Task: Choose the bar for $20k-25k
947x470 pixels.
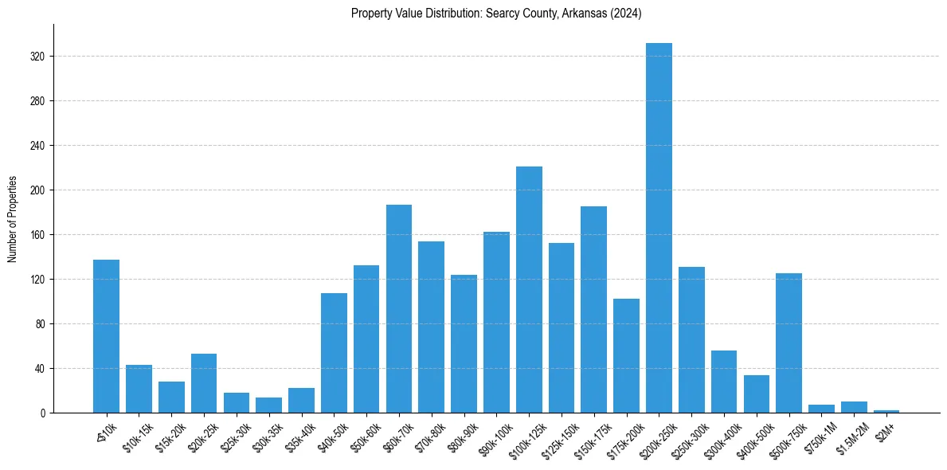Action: pyautogui.click(x=204, y=383)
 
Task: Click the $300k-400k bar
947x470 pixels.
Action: pyautogui.click(x=724, y=382)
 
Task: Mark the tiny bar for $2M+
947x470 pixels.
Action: pyautogui.click(x=886, y=411)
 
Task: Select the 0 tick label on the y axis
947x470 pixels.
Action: pyautogui.click(x=43, y=413)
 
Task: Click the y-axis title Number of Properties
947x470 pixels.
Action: pyautogui.click(x=12, y=219)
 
